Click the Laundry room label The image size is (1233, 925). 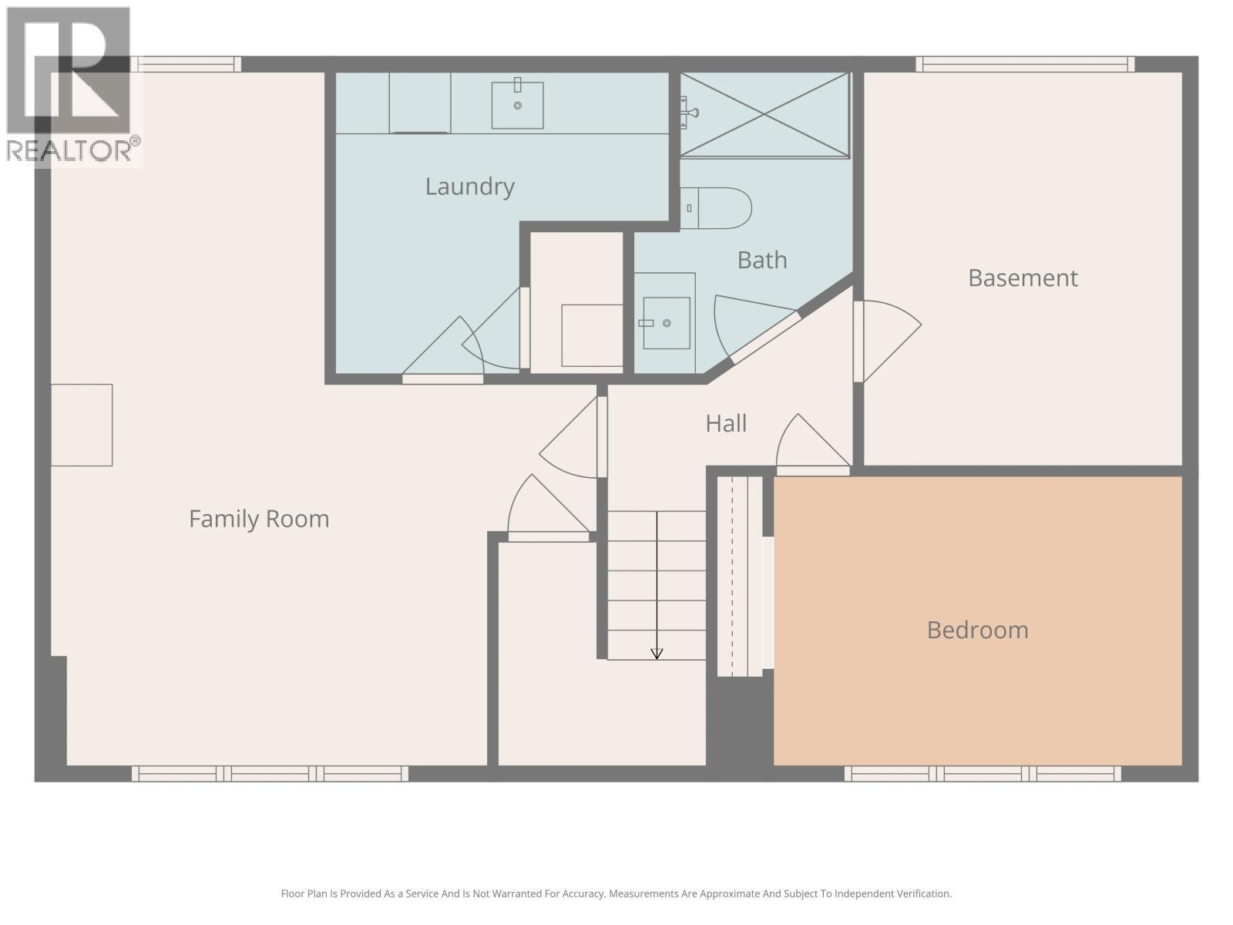pyautogui.click(x=469, y=187)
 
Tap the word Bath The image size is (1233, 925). pyautogui.click(x=761, y=260)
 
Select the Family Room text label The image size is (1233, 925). pyautogui.click(x=259, y=519)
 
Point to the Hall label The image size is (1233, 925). pyautogui.click(x=726, y=423)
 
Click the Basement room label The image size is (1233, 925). pyautogui.click(x=1023, y=277)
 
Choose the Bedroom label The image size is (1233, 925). pyautogui.click(x=977, y=630)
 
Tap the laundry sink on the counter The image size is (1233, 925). pyautogui.click(x=517, y=105)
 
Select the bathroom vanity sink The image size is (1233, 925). pyautogui.click(x=666, y=323)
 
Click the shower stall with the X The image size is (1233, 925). pyautogui.click(x=764, y=115)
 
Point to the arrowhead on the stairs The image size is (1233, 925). pyautogui.click(x=657, y=654)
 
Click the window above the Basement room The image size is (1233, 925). pyautogui.click(x=1025, y=64)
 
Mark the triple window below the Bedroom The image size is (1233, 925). pyautogui.click(x=983, y=773)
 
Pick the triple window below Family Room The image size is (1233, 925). pyautogui.click(x=270, y=773)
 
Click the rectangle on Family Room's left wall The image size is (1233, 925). pyautogui.click(x=82, y=425)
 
